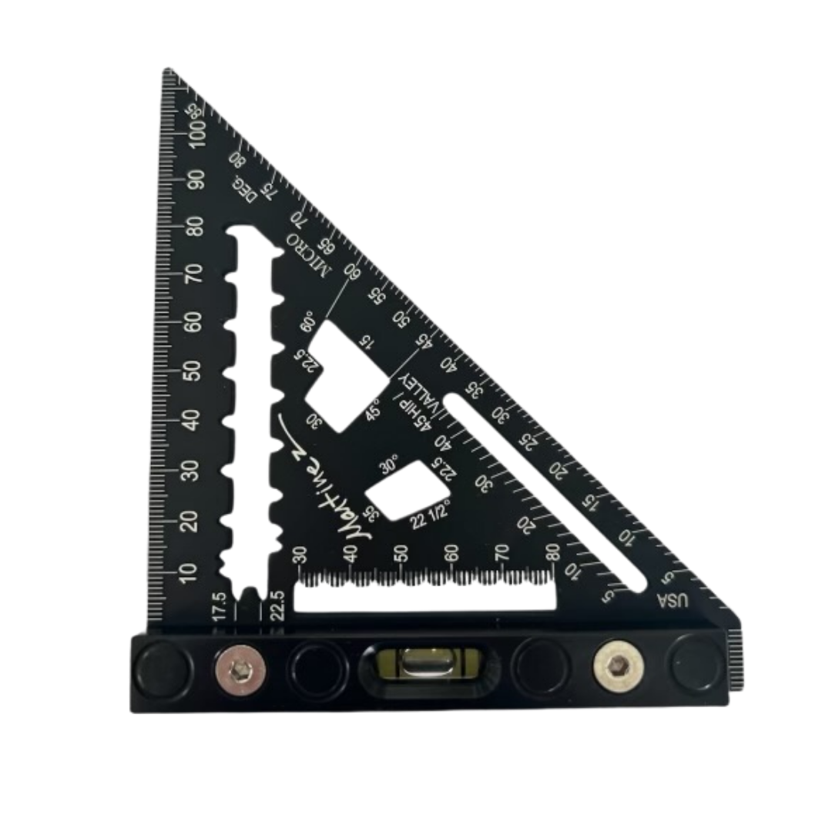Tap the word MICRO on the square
click(307, 250)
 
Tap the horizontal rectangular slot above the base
click(424, 598)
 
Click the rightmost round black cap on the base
click(696, 663)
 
